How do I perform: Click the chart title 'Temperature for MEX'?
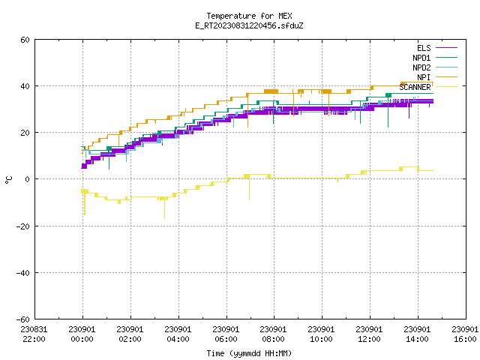coord(249,16)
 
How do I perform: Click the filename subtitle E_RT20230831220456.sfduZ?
coord(249,25)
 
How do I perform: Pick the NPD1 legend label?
coord(421,58)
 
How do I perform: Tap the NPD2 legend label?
coord(421,67)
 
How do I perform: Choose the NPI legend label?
coord(424,77)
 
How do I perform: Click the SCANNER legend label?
coord(415,87)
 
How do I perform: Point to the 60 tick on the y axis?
coord(25,40)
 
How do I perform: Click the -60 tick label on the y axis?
coord(23,319)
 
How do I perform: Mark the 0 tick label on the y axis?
coord(28,179)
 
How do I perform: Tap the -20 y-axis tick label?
coord(23,226)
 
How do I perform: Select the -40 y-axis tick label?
coord(23,273)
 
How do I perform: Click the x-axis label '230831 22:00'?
coord(34,334)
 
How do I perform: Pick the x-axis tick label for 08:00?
coord(273,334)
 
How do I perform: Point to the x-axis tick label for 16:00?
coord(465,334)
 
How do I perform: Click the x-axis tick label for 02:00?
coord(130,334)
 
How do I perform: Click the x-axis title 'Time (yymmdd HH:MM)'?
coord(249,353)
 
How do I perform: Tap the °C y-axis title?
coord(8,180)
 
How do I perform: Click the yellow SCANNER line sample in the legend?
coord(447,87)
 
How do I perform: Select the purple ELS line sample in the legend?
coord(447,48)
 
